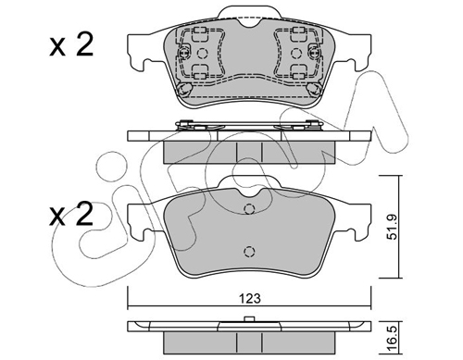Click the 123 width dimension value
click(x=250, y=299)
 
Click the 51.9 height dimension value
click(x=393, y=228)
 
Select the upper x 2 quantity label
click(x=71, y=44)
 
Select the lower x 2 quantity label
click(x=71, y=214)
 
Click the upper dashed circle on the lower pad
click(x=249, y=209)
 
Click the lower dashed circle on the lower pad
click(x=249, y=252)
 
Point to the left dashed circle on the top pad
click(x=202, y=54)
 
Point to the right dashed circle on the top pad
click(x=296, y=54)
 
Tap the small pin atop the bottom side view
click(x=249, y=318)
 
